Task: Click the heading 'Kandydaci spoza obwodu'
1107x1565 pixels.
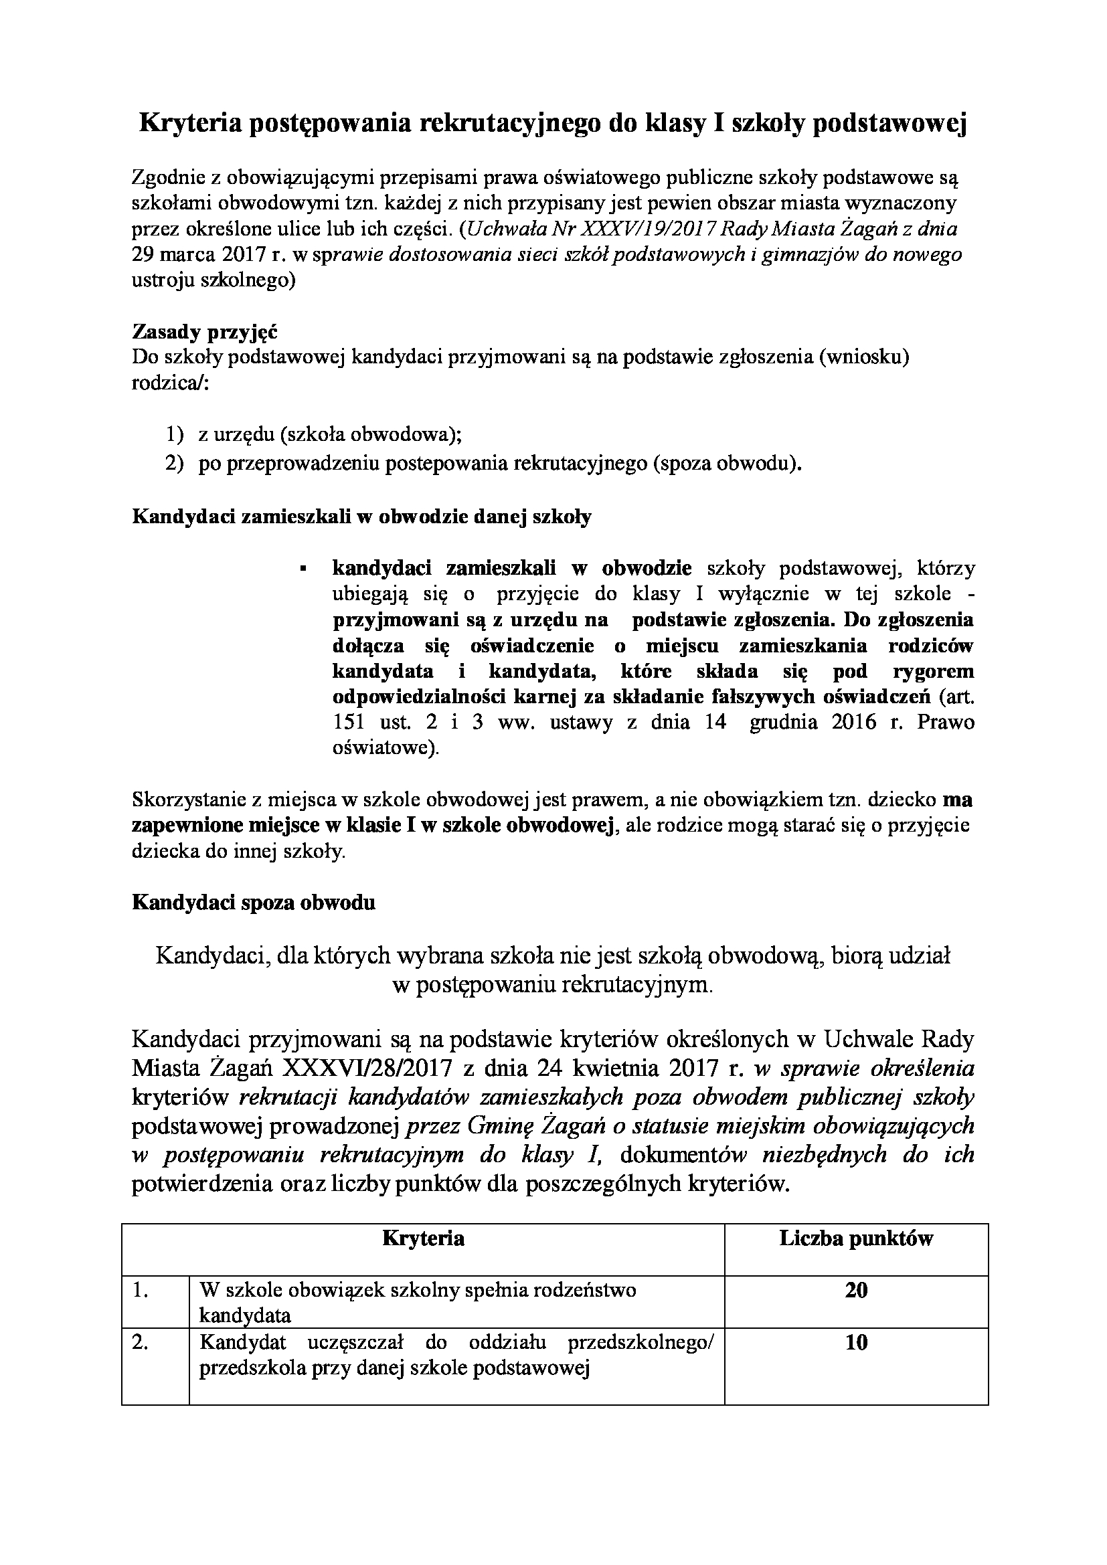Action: pyautogui.click(x=254, y=903)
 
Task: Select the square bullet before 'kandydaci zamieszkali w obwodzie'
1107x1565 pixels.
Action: pyautogui.click(x=303, y=568)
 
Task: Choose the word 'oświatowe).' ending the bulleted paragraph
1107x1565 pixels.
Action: pyautogui.click(x=386, y=748)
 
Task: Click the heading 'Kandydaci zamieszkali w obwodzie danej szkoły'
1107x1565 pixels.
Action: pyautogui.click(x=361, y=517)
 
